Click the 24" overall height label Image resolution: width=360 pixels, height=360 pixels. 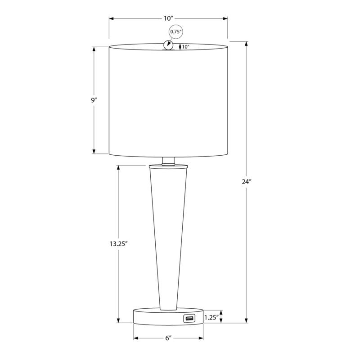246,182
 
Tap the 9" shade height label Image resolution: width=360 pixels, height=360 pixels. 94,100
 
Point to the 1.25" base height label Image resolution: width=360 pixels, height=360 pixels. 212,318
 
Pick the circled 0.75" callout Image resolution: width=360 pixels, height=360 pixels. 175,32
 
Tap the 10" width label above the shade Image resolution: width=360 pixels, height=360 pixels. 168,18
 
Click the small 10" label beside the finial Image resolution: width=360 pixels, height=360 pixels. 186,47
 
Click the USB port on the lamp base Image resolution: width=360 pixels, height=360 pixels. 188,319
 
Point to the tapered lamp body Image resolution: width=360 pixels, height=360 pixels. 168,234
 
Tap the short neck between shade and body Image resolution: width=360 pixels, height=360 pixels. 168,161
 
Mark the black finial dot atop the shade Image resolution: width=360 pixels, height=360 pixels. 168,45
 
